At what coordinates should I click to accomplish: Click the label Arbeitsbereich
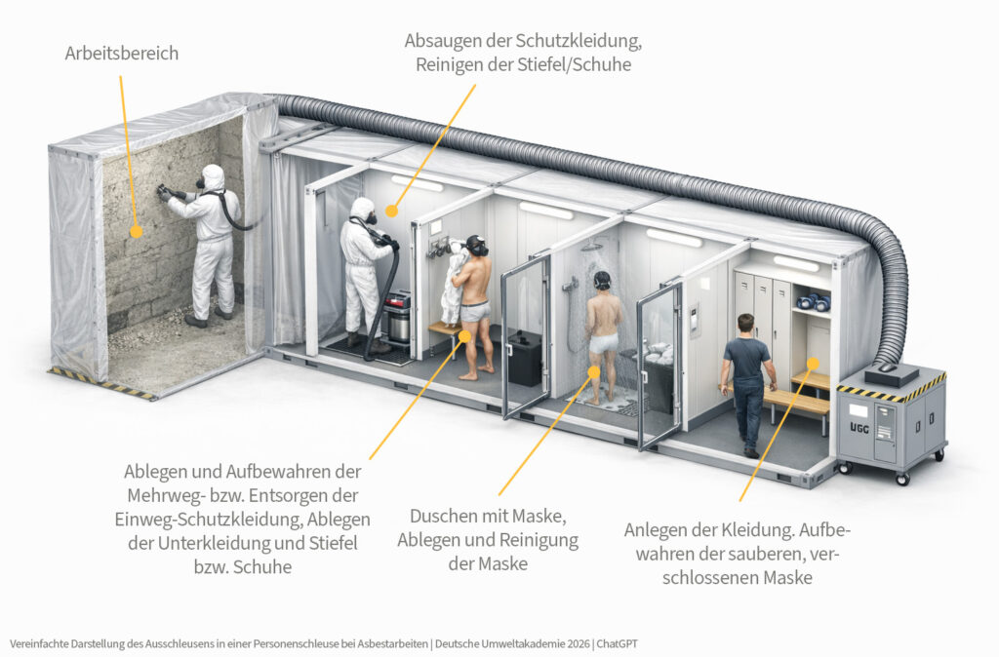click(x=122, y=54)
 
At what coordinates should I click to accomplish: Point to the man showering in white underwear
click(x=602, y=331)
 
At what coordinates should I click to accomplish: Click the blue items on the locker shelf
click(x=812, y=301)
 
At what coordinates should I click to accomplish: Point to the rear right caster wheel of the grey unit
click(x=941, y=454)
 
